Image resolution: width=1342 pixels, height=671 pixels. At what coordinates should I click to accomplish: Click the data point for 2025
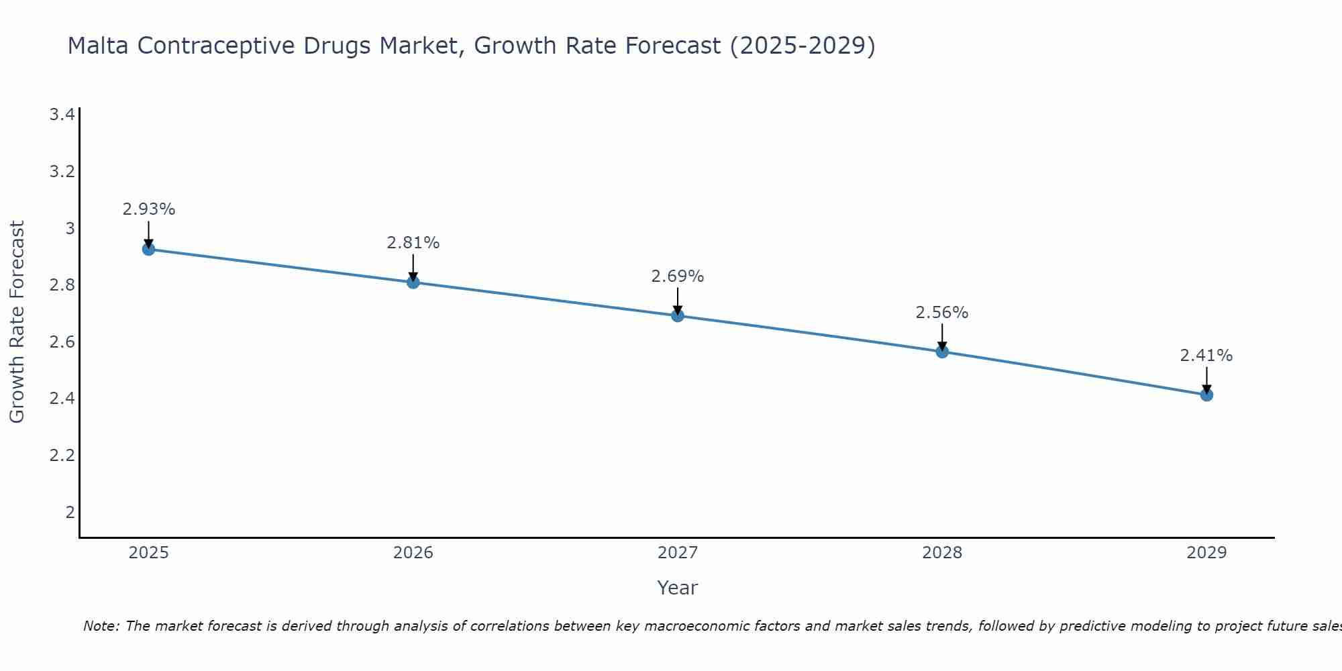(x=148, y=249)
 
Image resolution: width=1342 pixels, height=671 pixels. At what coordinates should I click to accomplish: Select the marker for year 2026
(x=413, y=282)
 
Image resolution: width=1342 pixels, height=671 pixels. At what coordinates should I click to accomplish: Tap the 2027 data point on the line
(x=678, y=315)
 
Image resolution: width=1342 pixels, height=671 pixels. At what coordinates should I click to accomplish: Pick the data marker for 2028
(x=942, y=352)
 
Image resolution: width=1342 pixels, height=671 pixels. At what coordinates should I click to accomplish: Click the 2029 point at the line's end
(x=1206, y=395)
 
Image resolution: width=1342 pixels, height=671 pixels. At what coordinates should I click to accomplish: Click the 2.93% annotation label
(x=148, y=209)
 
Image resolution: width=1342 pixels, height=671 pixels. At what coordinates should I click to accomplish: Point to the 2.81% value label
(x=413, y=243)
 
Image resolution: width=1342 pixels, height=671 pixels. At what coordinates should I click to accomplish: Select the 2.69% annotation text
(x=678, y=276)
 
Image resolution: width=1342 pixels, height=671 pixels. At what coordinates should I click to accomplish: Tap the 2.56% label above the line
(x=942, y=313)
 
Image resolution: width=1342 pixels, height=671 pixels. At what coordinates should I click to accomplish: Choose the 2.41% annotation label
(x=1206, y=356)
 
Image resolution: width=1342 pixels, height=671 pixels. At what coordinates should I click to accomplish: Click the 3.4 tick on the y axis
(x=62, y=115)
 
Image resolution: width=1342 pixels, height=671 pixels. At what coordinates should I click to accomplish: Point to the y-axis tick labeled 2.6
(x=62, y=342)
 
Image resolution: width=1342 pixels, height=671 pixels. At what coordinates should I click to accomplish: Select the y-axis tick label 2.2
(x=62, y=456)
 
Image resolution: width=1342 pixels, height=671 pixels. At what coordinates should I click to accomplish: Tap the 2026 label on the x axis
(x=413, y=553)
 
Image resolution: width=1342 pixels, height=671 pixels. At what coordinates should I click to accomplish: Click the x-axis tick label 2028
(x=942, y=553)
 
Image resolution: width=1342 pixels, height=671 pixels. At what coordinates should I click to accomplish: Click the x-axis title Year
(x=678, y=588)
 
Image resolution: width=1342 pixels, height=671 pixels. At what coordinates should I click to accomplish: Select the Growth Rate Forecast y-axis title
(x=17, y=322)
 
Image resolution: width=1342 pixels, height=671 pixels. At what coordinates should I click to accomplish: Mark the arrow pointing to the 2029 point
(x=1206, y=380)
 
